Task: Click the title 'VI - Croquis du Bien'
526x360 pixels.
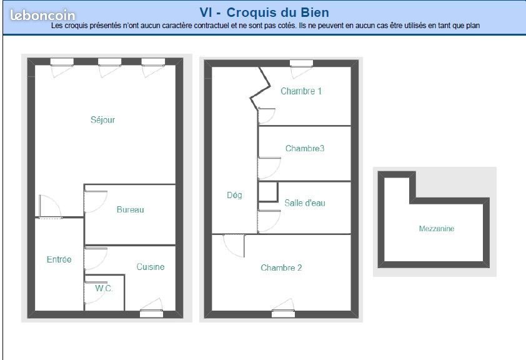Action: (264, 12)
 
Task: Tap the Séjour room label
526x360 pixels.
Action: (102, 120)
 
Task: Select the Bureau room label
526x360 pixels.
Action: (130, 209)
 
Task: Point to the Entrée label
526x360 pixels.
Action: (59, 259)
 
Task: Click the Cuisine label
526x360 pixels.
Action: (151, 267)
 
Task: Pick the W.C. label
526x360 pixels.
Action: (104, 289)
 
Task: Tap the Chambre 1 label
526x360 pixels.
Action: (301, 91)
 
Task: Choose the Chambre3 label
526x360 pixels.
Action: (304, 149)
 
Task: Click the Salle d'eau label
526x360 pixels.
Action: (304, 203)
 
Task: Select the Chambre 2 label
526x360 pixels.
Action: (281, 268)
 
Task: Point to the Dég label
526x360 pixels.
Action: (234, 195)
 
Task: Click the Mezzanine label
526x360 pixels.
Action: (436, 229)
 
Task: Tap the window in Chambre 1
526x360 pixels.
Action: (301, 63)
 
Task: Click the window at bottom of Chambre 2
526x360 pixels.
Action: (283, 313)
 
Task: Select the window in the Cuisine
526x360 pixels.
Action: (151, 313)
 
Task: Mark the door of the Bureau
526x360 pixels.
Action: (95, 201)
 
